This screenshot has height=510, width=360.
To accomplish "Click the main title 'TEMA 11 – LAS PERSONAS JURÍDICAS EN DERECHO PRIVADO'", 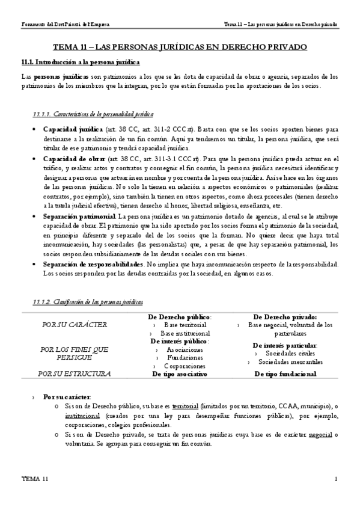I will pyautogui.click(x=180, y=46).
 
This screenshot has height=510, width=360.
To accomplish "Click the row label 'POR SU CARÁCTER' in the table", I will pyautogui.click(x=75, y=325).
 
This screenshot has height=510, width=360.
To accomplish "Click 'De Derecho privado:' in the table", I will pyautogui.click(x=285, y=317).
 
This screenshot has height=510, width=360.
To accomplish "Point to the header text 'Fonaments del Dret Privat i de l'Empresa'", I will pyautogui.click(x=58, y=25).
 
